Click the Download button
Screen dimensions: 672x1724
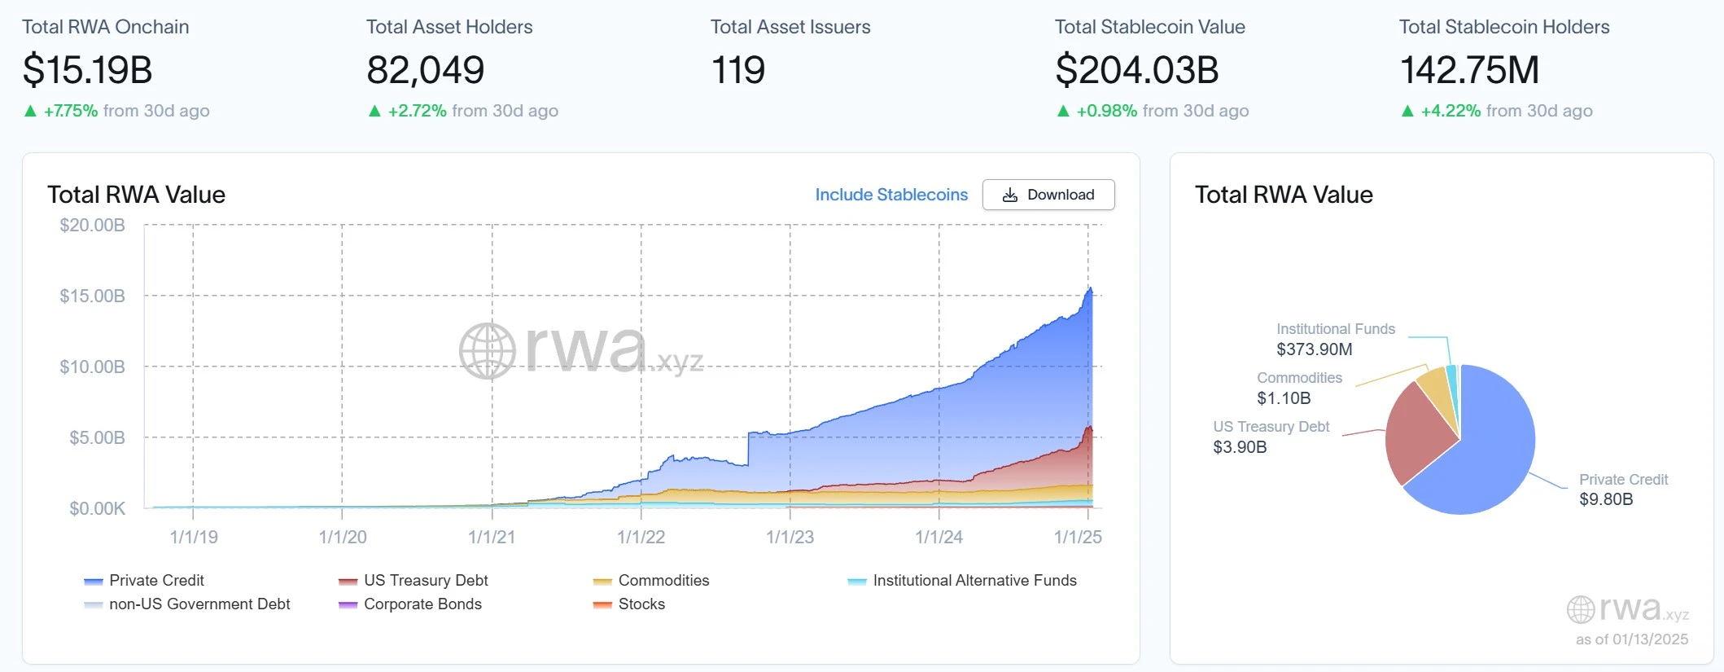click(x=1048, y=195)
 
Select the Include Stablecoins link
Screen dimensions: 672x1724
click(x=891, y=195)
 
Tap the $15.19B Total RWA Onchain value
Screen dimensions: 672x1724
click(x=88, y=70)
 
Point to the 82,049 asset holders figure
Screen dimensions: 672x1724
click(x=425, y=70)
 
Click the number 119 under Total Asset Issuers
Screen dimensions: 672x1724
click(x=737, y=70)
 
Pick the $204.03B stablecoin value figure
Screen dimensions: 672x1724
click(x=1136, y=70)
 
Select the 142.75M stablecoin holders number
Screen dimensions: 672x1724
click(x=1469, y=70)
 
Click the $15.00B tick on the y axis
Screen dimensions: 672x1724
click(x=92, y=296)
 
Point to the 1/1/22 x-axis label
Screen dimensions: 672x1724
click(x=641, y=537)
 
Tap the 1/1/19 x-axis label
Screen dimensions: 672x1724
click(x=194, y=537)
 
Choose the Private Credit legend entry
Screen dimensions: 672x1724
click(x=156, y=580)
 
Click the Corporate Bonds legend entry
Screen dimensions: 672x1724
click(x=422, y=604)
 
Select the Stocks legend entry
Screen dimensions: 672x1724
click(x=641, y=604)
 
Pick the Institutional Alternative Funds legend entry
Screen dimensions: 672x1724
click(x=974, y=580)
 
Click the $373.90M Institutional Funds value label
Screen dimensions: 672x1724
click(x=1314, y=349)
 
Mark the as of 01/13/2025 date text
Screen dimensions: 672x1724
click(x=1631, y=639)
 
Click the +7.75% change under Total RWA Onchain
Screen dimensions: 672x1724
click(x=71, y=111)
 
